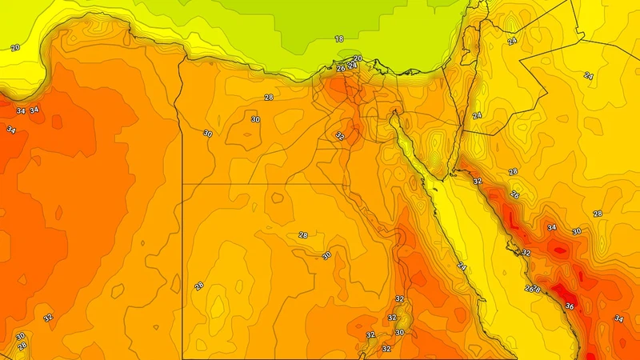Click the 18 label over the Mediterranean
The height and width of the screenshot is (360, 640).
pos(339,39)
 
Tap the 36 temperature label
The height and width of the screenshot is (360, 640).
pos(569,306)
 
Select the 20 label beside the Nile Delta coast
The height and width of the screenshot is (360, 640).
pos(358,58)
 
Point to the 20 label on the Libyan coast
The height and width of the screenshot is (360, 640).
pos(15,48)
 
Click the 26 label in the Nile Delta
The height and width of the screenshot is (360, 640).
pos(341,69)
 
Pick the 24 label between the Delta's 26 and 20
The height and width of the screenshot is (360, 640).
pos(352,66)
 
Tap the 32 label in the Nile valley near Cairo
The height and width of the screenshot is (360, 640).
pos(340,136)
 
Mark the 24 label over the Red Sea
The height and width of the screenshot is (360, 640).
pos(462,266)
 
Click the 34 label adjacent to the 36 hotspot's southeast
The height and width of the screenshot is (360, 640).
pos(618,319)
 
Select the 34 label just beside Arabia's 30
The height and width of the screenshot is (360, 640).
pos(551,228)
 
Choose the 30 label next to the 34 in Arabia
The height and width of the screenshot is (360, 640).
pos(577,231)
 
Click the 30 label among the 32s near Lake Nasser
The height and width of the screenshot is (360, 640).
pos(399,333)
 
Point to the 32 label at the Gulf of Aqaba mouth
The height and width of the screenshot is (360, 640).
pos(478,182)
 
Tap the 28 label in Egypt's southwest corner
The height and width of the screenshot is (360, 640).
pos(198,286)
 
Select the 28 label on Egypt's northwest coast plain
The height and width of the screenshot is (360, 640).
pos(269,98)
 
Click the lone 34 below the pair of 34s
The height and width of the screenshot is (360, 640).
pos(11,130)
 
